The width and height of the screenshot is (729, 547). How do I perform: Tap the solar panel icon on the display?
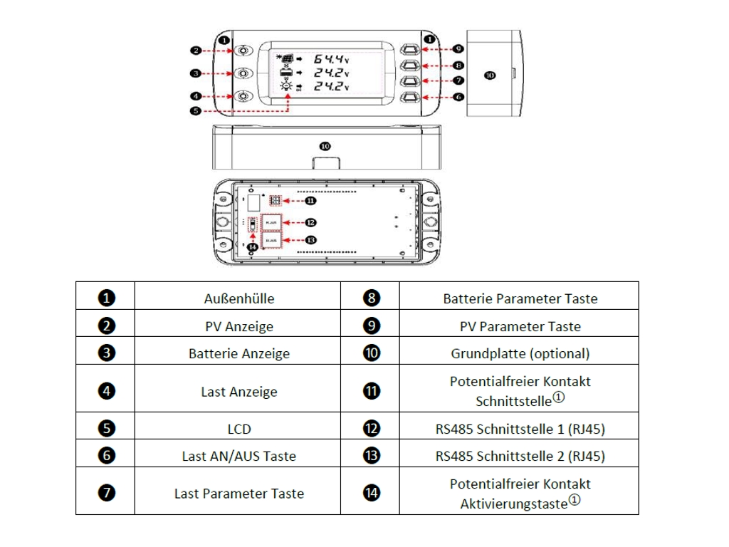point(285,58)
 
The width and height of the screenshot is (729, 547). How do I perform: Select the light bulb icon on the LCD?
point(286,86)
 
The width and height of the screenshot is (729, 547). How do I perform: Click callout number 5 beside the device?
point(195,110)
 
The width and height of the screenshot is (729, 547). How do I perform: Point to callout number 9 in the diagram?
point(459,48)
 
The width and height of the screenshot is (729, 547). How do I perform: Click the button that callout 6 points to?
point(411,96)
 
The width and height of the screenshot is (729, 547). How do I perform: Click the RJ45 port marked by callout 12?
point(271,222)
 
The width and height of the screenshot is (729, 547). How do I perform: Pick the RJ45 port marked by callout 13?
point(271,241)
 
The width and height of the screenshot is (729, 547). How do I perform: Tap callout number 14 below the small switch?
point(251,247)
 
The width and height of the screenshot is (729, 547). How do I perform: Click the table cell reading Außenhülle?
point(238,298)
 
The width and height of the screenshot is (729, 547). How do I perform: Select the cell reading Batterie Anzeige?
point(238,353)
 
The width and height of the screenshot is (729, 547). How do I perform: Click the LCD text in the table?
point(238,429)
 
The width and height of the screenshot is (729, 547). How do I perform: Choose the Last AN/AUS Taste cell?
point(238,456)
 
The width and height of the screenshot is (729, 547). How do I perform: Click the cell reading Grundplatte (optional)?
point(520,353)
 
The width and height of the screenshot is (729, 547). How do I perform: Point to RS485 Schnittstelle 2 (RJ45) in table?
point(520,456)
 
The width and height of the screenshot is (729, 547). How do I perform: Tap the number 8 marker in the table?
point(371,298)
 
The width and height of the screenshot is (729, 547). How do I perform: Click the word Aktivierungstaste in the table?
point(513,504)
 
